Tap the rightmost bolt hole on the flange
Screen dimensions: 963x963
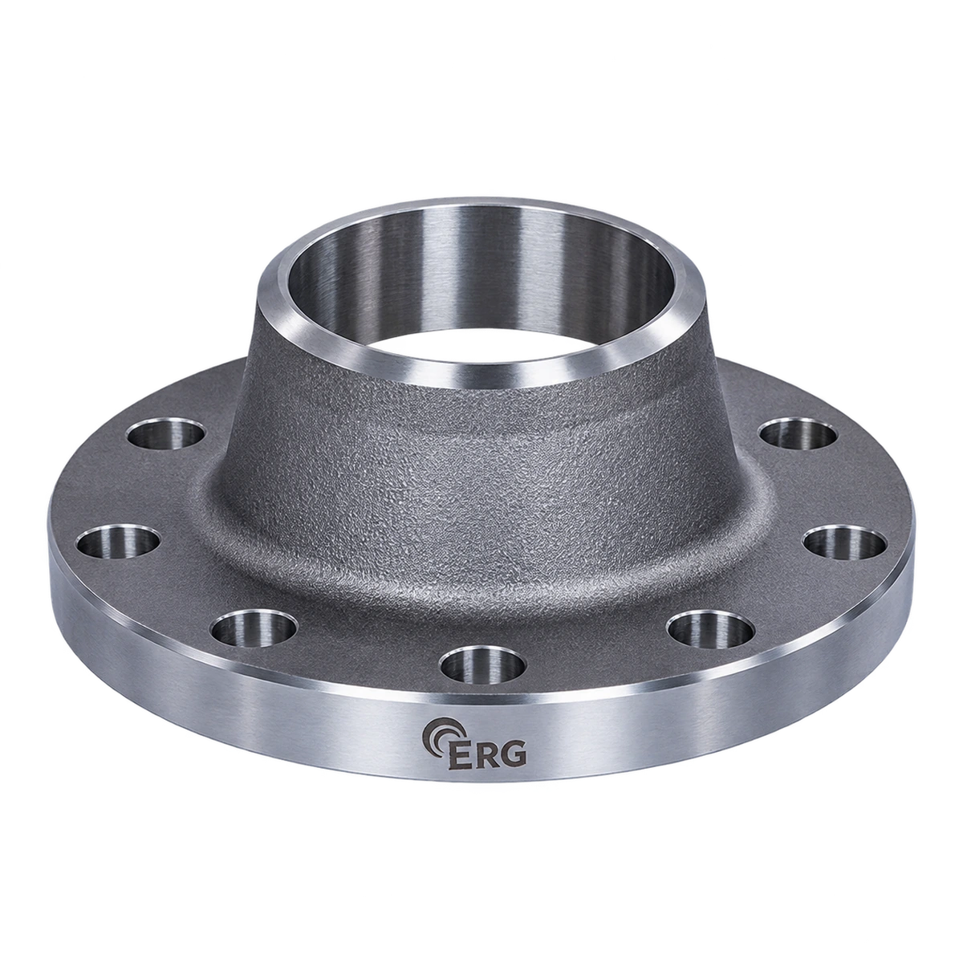[x=846, y=542]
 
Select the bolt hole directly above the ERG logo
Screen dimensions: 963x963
[x=484, y=665]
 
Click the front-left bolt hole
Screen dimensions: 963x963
[x=254, y=628]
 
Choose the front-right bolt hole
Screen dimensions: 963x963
[x=710, y=628]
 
